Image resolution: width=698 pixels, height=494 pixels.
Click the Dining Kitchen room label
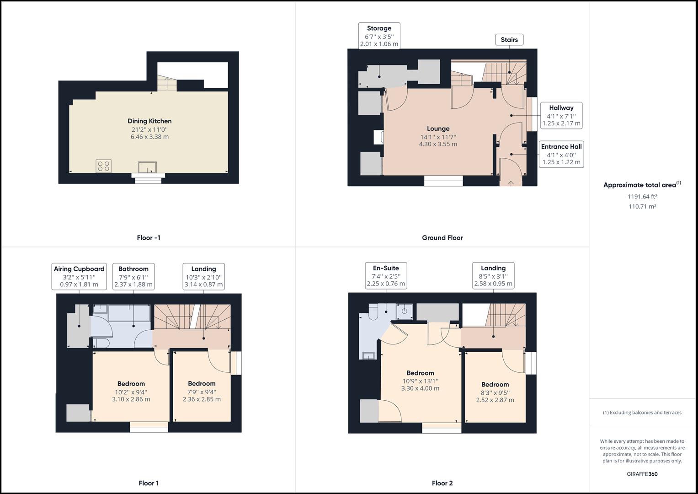click(149, 121)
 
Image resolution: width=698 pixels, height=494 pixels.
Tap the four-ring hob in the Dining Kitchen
click(103, 166)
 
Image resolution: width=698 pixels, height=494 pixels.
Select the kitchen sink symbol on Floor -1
click(147, 167)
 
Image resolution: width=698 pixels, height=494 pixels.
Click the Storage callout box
click(379, 36)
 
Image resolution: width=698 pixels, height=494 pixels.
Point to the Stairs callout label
click(509, 40)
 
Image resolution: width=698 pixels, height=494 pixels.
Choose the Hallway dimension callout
click(561, 115)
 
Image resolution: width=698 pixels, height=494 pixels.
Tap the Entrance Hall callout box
click(561, 154)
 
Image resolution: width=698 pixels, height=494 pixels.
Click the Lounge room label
click(438, 129)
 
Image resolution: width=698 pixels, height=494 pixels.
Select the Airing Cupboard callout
click(79, 276)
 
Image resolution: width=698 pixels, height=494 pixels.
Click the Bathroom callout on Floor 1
click(133, 276)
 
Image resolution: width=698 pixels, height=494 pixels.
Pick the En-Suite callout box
click(386, 276)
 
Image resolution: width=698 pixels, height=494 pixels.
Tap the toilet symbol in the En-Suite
click(373, 312)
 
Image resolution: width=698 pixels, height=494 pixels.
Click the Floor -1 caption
click(149, 238)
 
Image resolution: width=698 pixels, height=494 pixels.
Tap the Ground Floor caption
click(442, 238)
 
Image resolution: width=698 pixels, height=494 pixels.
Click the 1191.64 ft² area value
click(642, 197)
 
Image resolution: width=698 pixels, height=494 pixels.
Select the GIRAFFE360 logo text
click(642, 474)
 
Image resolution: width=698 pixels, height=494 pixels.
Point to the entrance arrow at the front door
click(511, 183)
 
